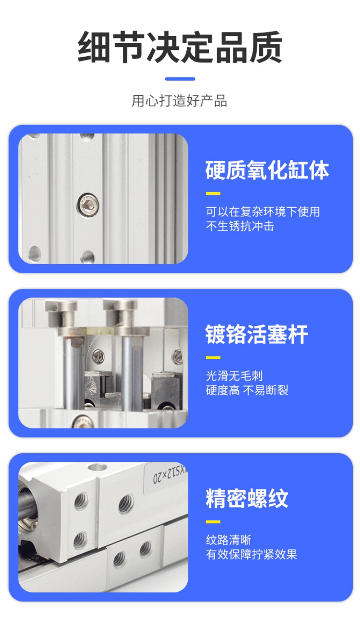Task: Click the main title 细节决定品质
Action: (x=180, y=48)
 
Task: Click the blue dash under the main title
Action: (x=180, y=79)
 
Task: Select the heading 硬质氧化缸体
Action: (x=267, y=171)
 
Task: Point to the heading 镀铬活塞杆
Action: (x=257, y=335)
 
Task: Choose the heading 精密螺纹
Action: (x=247, y=499)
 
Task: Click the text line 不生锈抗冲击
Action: (x=240, y=226)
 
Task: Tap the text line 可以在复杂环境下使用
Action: (x=263, y=211)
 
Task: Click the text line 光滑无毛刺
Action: (x=234, y=375)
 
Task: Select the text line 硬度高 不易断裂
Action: (x=247, y=390)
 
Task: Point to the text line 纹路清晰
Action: (x=229, y=540)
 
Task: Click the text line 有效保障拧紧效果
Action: (x=252, y=554)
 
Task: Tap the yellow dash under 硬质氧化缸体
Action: (x=213, y=194)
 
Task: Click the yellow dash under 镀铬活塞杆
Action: (x=213, y=358)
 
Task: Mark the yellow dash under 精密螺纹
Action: (x=213, y=522)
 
